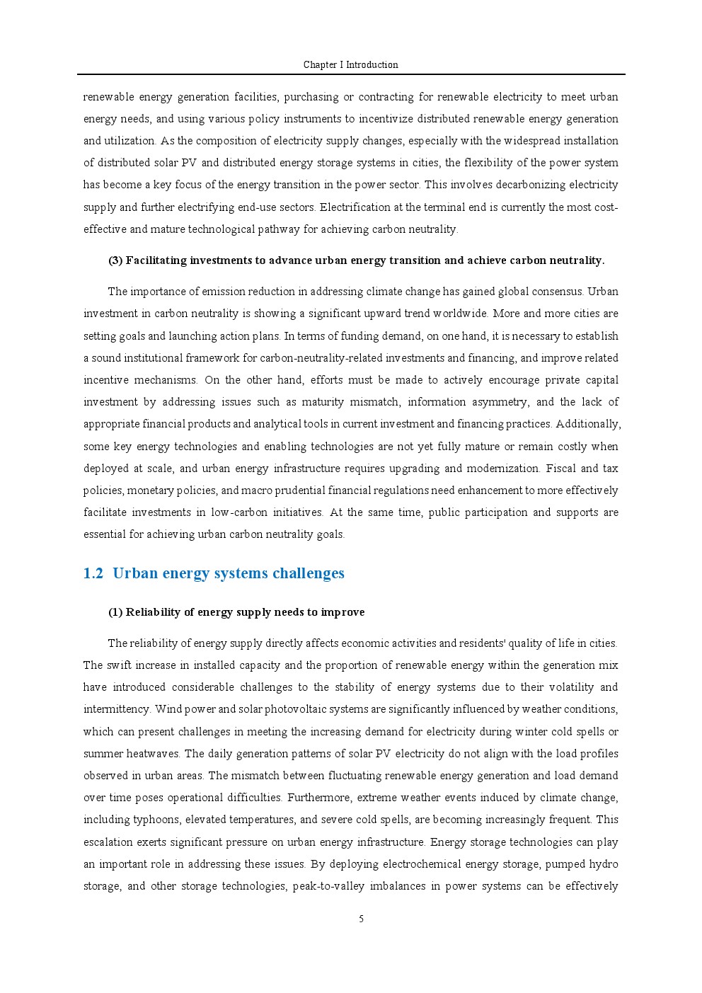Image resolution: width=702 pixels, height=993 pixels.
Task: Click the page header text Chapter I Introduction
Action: click(350, 65)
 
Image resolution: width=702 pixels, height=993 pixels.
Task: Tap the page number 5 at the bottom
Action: click(361, 919)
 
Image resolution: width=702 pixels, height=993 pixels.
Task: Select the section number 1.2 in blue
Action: click(93, 573)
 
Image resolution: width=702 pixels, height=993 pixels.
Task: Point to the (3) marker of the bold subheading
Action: click(115, 260)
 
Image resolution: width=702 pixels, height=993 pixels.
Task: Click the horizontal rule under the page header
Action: click(351, 74)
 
